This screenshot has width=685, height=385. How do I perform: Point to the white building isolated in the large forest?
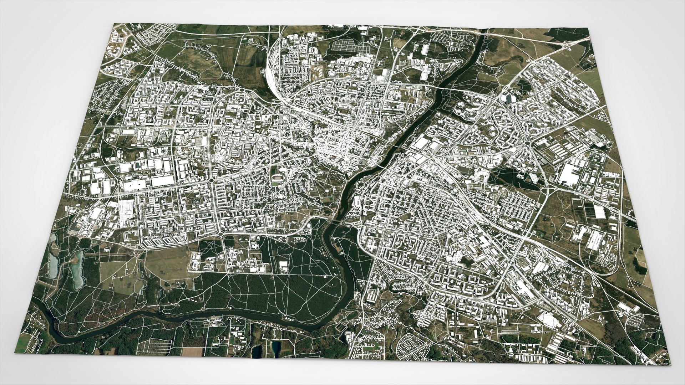[283, 266]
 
